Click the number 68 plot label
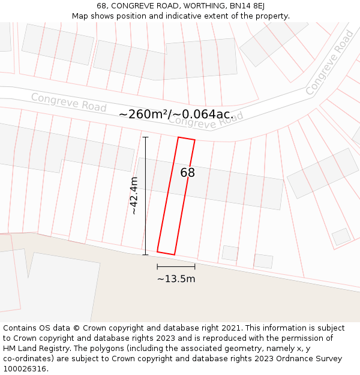(187, 173)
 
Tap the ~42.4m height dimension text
(134, 196)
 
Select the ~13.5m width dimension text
(176, 278)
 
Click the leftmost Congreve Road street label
(68, 102)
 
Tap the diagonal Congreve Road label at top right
(329, 63)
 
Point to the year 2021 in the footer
(230, 328)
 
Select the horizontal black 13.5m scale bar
(176, 266)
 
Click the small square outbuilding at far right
(341, 236)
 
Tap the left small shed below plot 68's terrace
(230, 253)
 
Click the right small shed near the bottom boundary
(263, 261)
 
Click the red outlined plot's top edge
(187, 139)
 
